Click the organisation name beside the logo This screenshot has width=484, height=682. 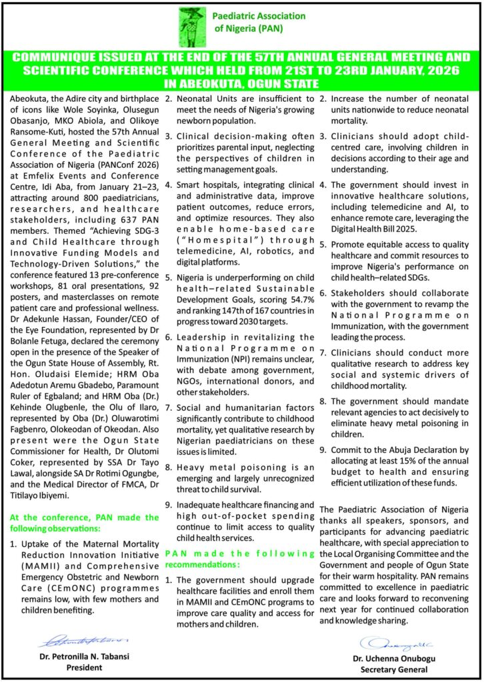(x=259, y=22)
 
